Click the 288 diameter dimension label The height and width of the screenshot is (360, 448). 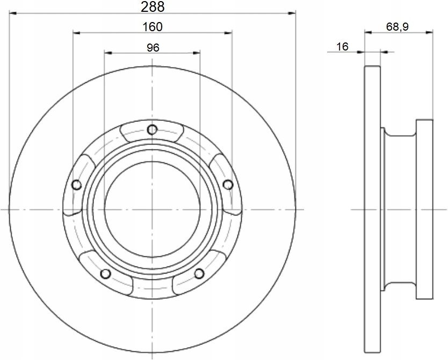(x=153, y=7)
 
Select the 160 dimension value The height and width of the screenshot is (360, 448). (x=152, y=27)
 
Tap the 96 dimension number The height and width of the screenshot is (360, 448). (x=153, y=47)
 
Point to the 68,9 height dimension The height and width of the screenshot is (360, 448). (x=397, y=27)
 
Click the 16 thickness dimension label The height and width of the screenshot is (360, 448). (x=342, y=47)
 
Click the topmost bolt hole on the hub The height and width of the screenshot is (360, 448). (x=152, y=129)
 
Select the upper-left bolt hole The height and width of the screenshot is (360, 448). (x=77, y=185)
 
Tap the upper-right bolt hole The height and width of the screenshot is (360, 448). (x=228, y=185)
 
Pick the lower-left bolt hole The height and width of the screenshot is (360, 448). (x=106, y=273)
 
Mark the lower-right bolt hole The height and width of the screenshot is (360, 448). (x=199, y=273)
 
